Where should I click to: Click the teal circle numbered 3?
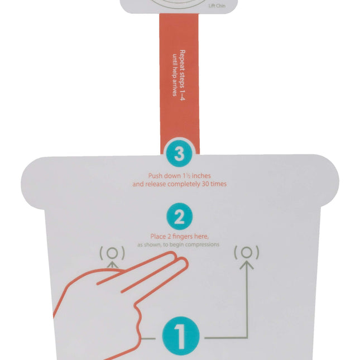point(179,153)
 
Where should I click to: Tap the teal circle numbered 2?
point(179,217)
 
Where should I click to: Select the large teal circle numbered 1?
point(181,336)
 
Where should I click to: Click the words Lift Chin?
point(217,6)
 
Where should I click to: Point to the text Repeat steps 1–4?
point(182,75)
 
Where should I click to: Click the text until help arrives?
point(175,75)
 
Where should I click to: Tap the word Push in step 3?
point(155,176)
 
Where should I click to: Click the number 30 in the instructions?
point(205,184)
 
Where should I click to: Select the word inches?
point(201,176)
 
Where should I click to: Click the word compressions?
point(202,245)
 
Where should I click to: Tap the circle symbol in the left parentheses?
point(112,253)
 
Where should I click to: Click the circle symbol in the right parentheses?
point(247,252)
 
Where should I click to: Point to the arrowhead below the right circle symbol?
point(247,265)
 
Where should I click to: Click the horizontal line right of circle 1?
point(227,338)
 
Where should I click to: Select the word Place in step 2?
point(157,236)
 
